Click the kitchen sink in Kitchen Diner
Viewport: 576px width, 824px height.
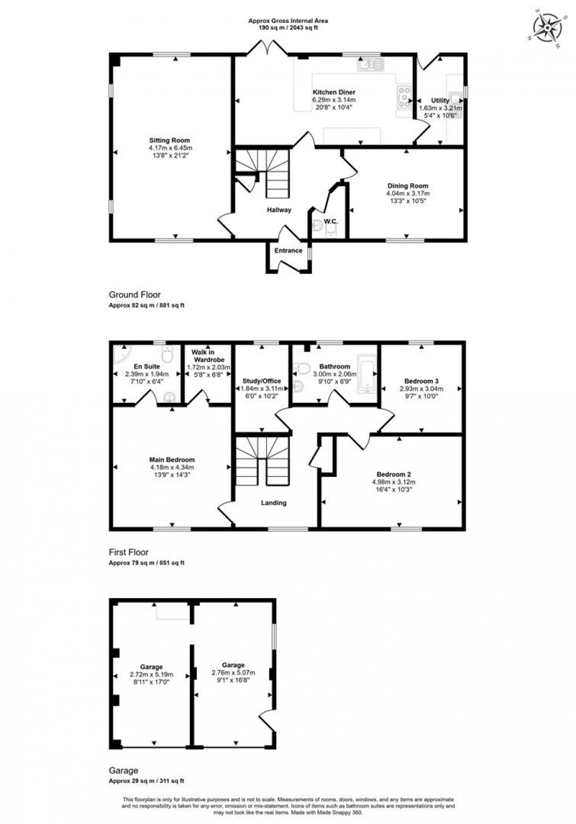pyautogui.click(x=370, y=64)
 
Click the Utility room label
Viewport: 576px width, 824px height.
pyautogui.click(x=440, y=101)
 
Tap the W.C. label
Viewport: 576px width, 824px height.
pyautogui.click(x=330, y=221)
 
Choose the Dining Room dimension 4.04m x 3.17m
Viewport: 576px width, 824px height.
pyautogui.click(x=407, y=194)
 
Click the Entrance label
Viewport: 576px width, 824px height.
pyautogui.click(x=288, y=251)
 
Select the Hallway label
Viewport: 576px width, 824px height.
pyautogui.click(x=279, y=210)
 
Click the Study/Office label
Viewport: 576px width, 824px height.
pyautogui.click(x=262, y=381)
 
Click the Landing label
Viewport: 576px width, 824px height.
pyautogui.click(x=273, y=503)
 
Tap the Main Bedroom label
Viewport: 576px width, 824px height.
pyautogui.click(x=172, y=460)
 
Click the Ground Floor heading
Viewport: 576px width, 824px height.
pyautogui.click(x=135, y=295)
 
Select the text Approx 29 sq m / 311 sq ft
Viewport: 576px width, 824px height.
pyautogui.click(x=146, y=781)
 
